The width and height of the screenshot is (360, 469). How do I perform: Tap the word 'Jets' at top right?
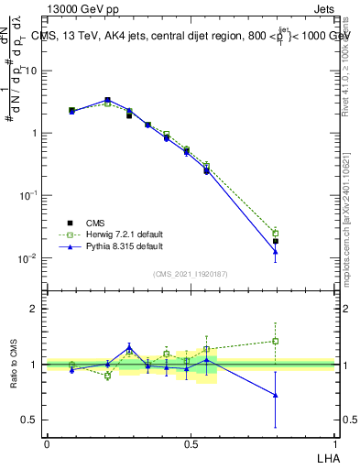coord(325,8)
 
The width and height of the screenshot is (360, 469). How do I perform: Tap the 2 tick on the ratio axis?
coord(36,309)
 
